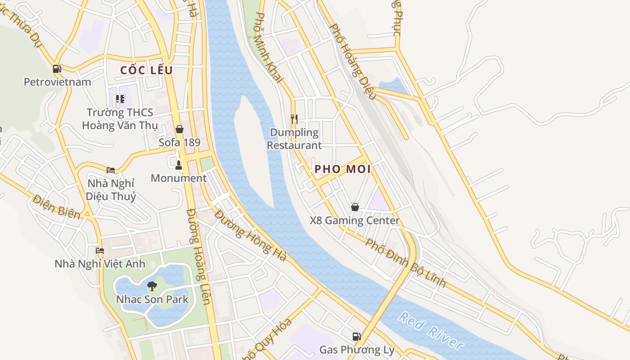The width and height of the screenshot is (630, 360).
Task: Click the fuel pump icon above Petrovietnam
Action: (x=57, y=69)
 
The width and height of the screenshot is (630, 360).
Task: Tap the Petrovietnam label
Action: (x=57, y=82)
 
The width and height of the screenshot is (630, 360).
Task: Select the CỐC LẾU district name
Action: (x=147, y=70)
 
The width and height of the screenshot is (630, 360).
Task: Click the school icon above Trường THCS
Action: (x=120, y=99)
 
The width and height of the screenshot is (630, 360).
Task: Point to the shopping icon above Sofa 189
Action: (x=180, y=130)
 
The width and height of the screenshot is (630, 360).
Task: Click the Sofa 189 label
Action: (x=180, y=142)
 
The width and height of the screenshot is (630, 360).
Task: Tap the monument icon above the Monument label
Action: (x=179, y=165)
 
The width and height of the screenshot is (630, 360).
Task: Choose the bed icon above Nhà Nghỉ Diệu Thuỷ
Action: (x=111, y=170)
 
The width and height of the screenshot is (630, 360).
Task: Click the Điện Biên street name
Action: (x=56, y=207)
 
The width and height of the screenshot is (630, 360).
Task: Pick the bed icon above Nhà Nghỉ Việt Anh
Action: (x=100, y=250)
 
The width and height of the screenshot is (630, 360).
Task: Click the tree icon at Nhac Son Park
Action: (x=152, y=286)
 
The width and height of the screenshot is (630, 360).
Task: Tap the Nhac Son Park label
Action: (x=152, y=299)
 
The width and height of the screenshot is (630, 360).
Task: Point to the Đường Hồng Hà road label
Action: (x=251, y=236)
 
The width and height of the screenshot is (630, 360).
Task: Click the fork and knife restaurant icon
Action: (x=294, y=119)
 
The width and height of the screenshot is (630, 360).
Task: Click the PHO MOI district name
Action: (x=342, y=169)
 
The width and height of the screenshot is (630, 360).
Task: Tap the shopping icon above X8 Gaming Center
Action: (x=355, y=207)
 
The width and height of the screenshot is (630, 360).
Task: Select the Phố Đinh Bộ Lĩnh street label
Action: (x=405, y=263)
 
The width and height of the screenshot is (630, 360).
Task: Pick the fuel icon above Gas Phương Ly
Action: (x=356, y=336)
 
